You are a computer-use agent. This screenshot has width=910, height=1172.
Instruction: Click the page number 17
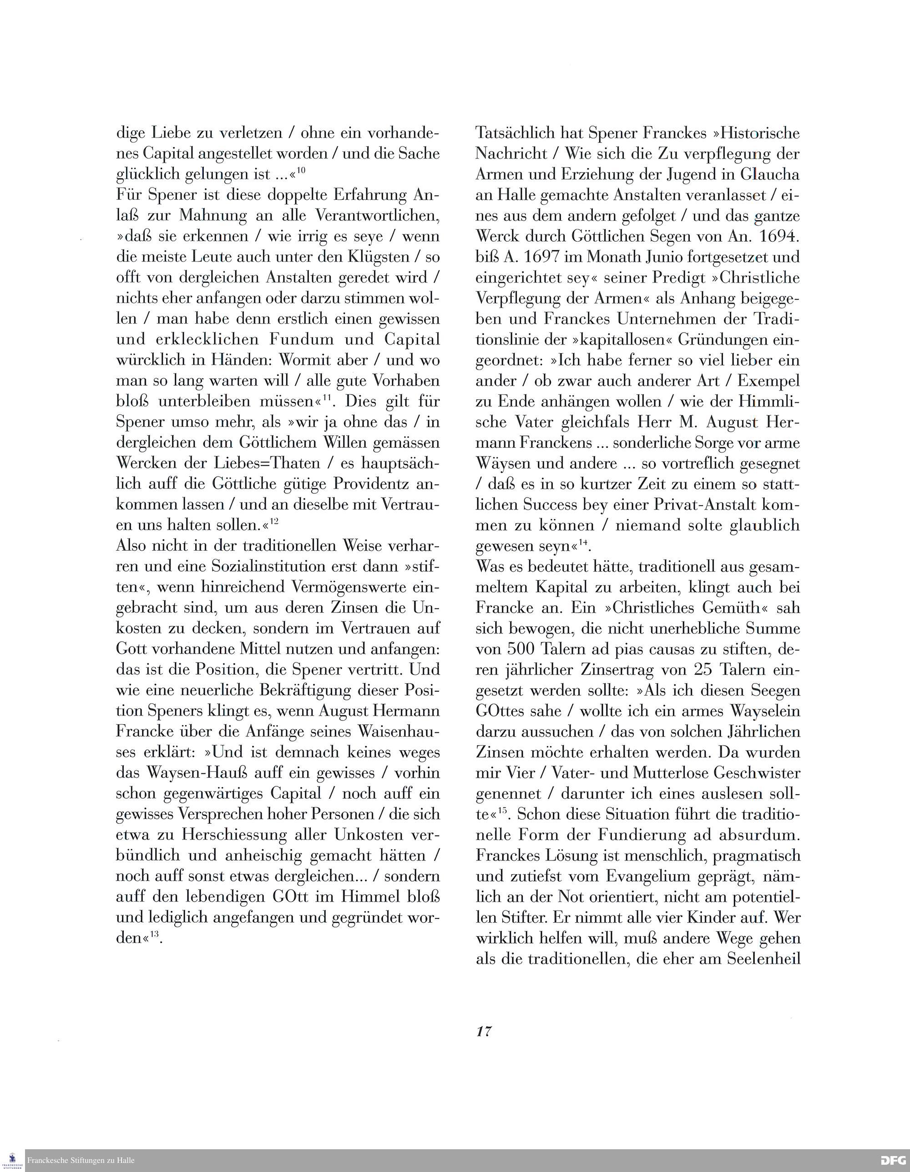(x=483, y=1031)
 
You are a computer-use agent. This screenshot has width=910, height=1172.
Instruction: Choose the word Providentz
(x=372, y=484)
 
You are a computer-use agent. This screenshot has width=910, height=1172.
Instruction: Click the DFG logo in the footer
(x=893, y=1161)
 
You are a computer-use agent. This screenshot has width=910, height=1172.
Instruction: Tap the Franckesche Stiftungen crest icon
(x=12, y=1159)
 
